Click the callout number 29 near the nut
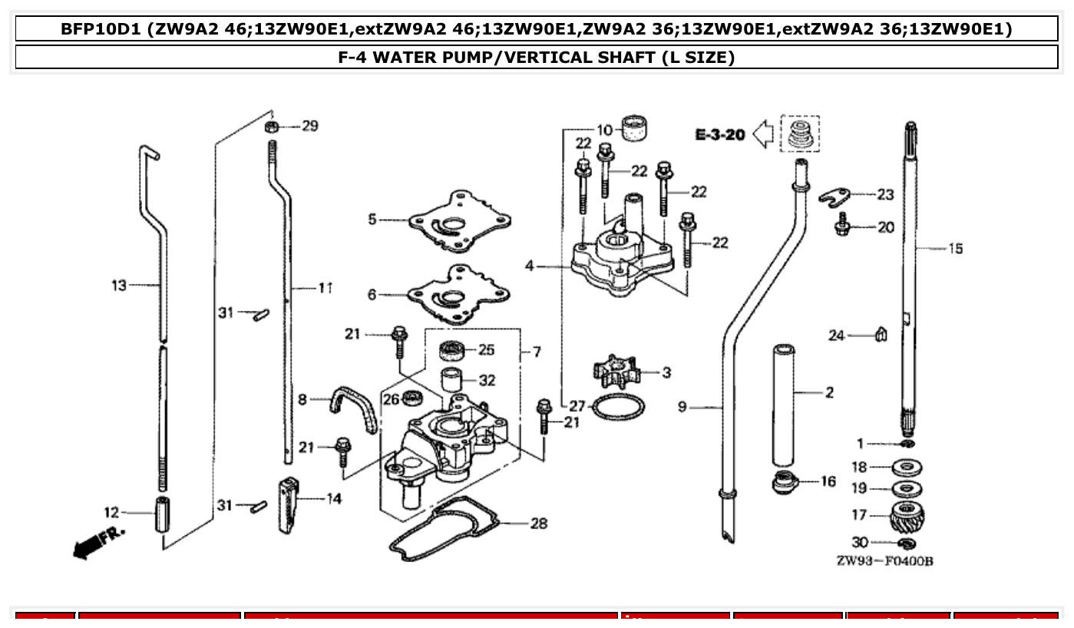(309, 126)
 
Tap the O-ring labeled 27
(620, 407)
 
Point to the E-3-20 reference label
(719, 134)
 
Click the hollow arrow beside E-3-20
(764, 134)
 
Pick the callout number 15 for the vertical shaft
(955, 249)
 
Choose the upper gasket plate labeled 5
(458, 221)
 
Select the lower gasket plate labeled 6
(458, 295)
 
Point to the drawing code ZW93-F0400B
(884, 561)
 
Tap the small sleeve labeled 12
(163, 514)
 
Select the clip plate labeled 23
(837, 197)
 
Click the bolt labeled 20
(842, 226)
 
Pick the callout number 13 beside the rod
(118, 286)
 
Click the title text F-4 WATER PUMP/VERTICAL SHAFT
(536, 58)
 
